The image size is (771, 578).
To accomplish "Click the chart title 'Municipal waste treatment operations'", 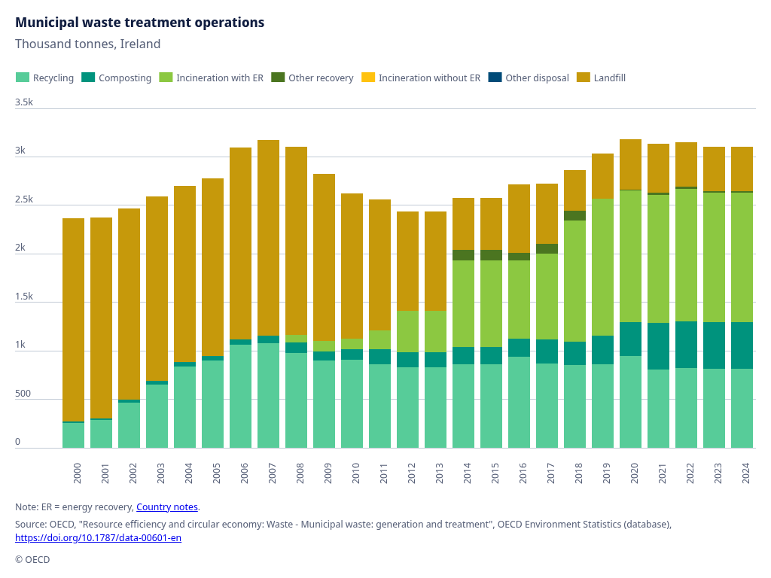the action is (x=139, y=23).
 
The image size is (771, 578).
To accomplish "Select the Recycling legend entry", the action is (x=44, y=78).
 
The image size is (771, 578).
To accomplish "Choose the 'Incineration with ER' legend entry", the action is (x=212, y=78).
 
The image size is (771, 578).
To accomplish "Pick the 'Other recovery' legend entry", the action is (x=312, y=78).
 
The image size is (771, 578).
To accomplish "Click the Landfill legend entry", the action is (x=602, y=78).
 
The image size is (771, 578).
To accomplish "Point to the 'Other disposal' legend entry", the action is (x=529, y=78).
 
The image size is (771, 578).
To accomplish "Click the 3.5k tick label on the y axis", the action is (x=24, y=102).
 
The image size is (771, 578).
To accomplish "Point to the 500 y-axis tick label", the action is (x=23, y=394).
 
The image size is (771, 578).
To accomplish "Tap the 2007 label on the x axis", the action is (x=272, y=473).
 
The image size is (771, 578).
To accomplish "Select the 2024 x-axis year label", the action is (x=745, y=473).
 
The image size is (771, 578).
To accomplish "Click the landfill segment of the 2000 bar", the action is (x=73, y=320).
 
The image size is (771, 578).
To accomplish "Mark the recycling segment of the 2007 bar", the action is (x=269, y=396).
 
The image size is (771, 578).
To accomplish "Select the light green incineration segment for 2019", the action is (x=603, y=267).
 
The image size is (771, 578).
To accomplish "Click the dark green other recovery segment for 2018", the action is (x=574, y=216).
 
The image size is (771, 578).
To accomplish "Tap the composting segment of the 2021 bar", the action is (x=658, y=346).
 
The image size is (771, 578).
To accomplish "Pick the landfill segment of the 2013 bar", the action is (x=436, y=261).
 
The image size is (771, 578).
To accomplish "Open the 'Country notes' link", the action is (x=167, y=507).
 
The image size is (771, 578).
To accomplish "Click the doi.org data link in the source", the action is (x=99, y=537).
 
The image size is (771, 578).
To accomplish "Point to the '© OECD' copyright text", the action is (x=32, y=559).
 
